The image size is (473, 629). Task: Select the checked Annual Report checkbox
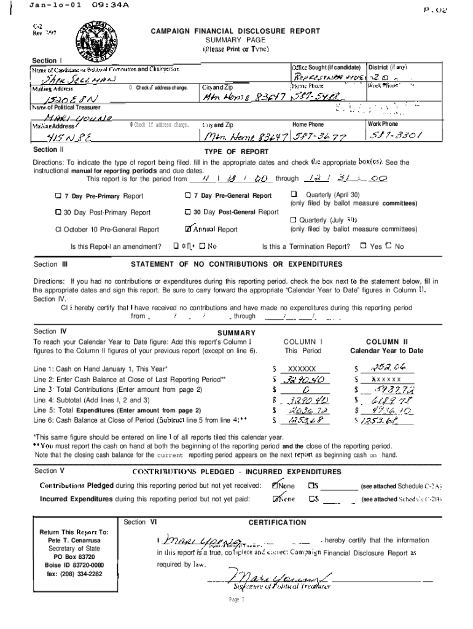[189, 230]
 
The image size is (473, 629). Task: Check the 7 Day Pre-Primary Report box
[58, 196]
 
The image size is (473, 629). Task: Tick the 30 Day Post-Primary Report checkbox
[58, 213]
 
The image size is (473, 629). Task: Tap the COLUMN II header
[386, 342]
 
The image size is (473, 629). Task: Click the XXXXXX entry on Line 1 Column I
[298, 369]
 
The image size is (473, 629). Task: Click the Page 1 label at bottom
[237, 598]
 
